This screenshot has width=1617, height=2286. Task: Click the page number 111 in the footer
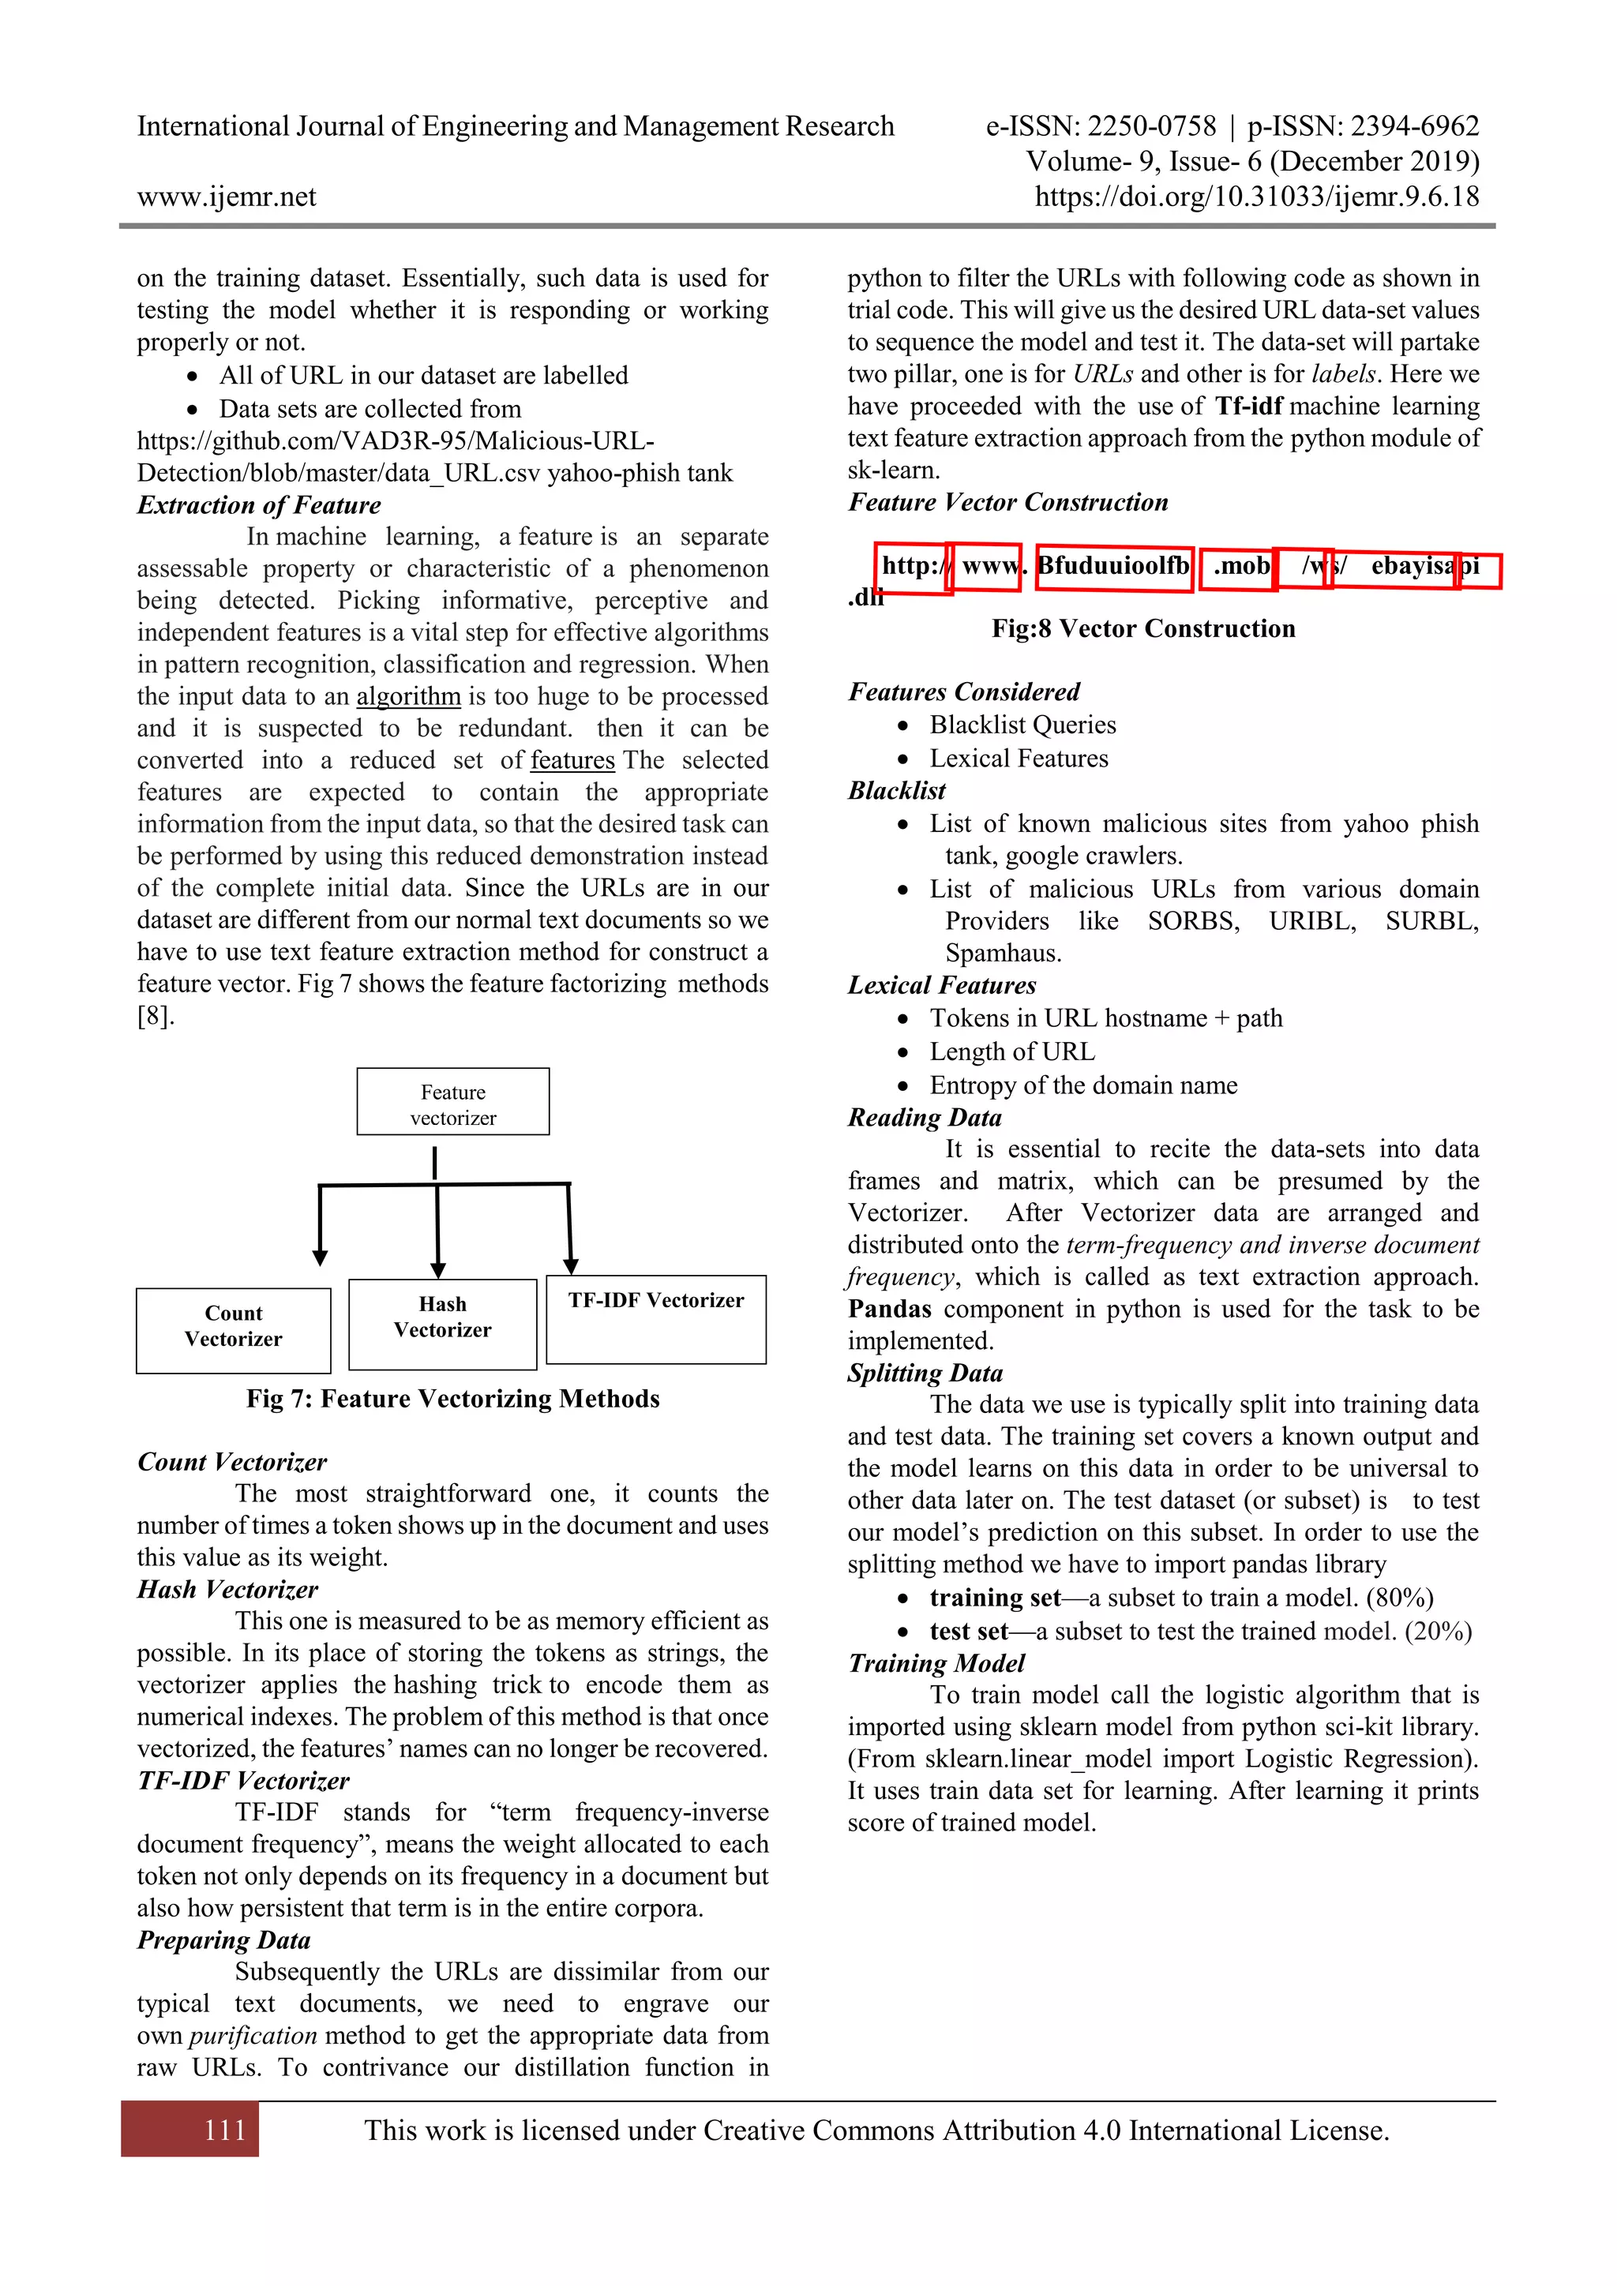[x=224, y=2130]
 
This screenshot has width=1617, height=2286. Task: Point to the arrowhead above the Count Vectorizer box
[x=320, y=1257]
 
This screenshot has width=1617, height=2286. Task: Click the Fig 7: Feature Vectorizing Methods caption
[x=453, y=1399]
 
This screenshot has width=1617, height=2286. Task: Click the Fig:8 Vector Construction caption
[x=1143, y=628]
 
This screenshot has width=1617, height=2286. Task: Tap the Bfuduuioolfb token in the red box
[x=1113, y=567]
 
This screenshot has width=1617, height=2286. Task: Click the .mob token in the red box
[x=1240, y=567]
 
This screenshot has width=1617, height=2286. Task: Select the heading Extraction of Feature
[x=259, y=504]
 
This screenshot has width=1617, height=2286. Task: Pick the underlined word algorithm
[x=408, y=696]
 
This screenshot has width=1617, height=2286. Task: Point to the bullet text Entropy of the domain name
[x=1083, y=1085]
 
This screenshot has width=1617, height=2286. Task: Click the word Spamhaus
[x=1002, y=953]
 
